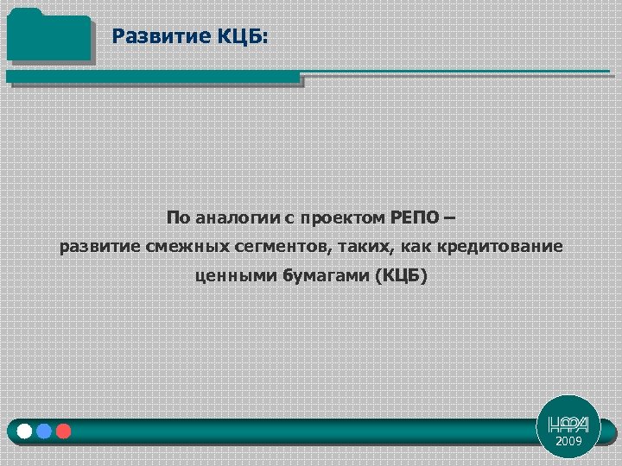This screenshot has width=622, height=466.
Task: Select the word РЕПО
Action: (413, 217)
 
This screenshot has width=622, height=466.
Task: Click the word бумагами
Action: (325, 277)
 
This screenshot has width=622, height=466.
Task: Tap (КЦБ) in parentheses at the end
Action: (400, 277)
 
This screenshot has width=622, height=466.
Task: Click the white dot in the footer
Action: (25, 431)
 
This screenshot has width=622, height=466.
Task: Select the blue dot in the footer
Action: (44, 431)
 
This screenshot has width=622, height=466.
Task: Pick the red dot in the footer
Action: (63, 431)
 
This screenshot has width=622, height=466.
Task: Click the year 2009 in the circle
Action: (568, 442)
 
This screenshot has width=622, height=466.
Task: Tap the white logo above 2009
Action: (568, 424)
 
